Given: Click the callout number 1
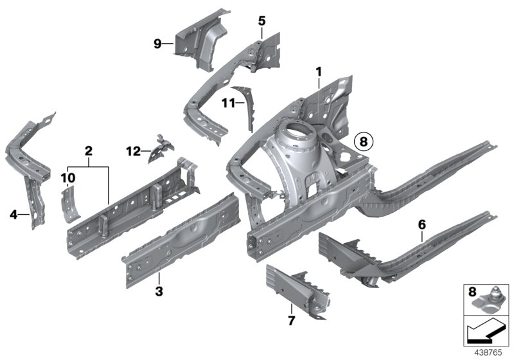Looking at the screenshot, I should (318, 72).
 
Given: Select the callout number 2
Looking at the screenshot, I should (89, 152).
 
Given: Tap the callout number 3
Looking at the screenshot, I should (159, 292).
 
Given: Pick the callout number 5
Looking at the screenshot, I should (262, 21).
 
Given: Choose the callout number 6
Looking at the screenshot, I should (421, 224).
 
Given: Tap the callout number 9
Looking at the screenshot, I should (157, 44).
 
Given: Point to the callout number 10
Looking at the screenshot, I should (69, 176).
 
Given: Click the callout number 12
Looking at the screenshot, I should (133, 152).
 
